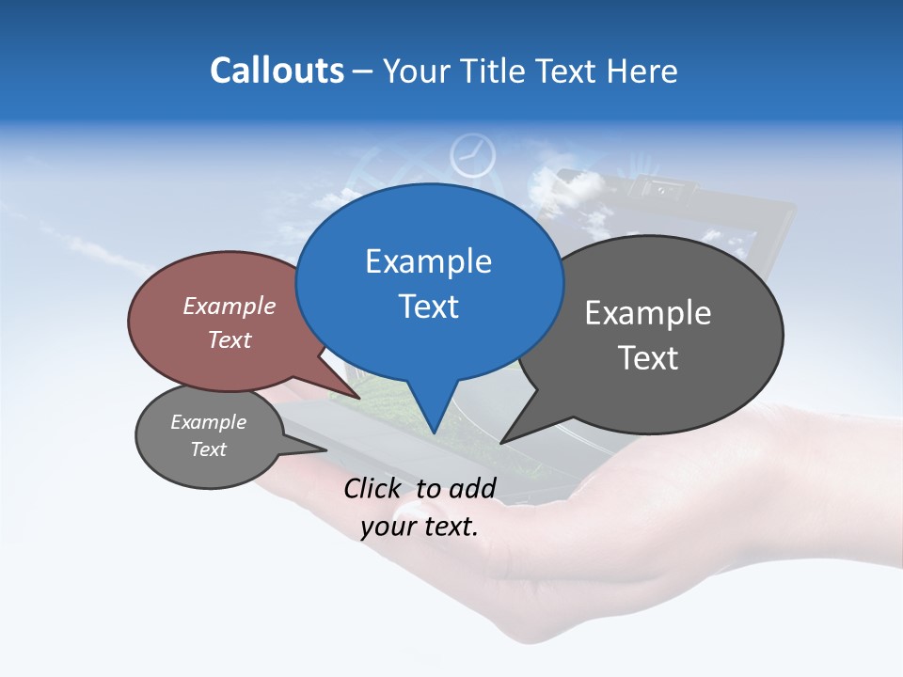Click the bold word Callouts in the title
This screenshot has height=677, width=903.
coord(277,71)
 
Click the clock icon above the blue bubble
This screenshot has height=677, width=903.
coord(472,155)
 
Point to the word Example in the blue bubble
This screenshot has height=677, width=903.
coord(428,261)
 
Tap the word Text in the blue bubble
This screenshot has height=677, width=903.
coord(428,307)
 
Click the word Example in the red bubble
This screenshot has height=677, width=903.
coord(229,306)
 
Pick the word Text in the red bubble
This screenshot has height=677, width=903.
coord(229,339)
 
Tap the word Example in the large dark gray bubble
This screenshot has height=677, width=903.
coord(647,313)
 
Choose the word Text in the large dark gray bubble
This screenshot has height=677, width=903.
coord(647,358)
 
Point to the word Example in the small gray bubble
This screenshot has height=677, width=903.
coord(208,422)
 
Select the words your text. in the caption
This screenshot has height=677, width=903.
coord(420,527)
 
